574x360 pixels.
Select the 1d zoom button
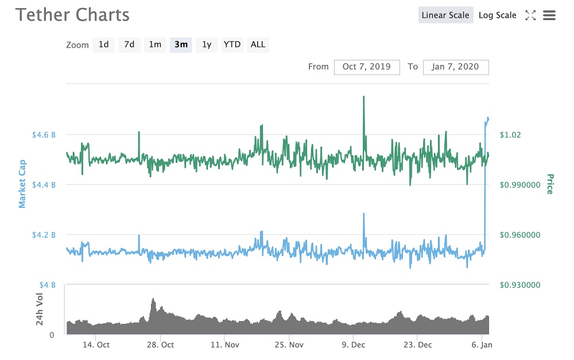pyautogui.click(x=103, y=44)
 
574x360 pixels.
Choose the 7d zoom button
pyautogui.click(x=129, y=44)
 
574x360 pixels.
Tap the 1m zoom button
pyautogui.click(x=155, y=44)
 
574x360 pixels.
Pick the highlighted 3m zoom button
pyautogui.click(x=181, y=44)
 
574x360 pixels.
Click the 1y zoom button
pyautogui.click(x=207, y=44)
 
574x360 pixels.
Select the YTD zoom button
pyautogui.click(x=232, y=44)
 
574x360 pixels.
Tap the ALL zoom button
pyautogui.click(x=258, y=44)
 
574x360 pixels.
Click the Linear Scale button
pyautogui.click(x=445, y=16)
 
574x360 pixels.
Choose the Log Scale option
pyautogui.click(x=497, y=16)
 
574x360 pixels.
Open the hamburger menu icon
pyautogui.click(x=549, y=16)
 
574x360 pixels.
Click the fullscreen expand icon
pyautogui.click(x=530, y=16)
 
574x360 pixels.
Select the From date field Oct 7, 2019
pyautogui.click(x=367, y=67)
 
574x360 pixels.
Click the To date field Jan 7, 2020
pyautogui.click(x=456, y=67)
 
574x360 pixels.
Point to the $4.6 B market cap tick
pyautogui.click(x=44, y=134)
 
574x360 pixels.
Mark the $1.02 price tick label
pyautogui.click(x=510, y=134)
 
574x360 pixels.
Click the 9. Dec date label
pyautogui.click(x=354, y=344)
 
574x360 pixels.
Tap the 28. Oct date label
pyautogui.click(x=161, y=344)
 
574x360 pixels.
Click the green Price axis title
pyautogui.click(x=549, y=184)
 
